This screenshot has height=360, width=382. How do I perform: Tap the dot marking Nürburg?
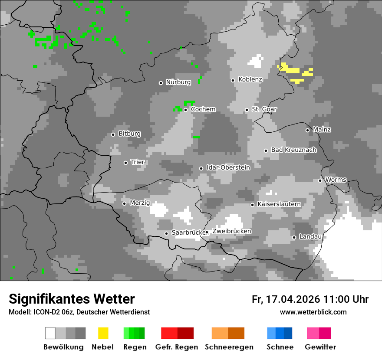(161, 83)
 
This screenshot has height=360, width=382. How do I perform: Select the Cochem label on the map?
(203, 109)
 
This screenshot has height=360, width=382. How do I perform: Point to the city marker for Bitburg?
(113, 134)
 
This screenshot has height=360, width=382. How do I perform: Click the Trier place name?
(138, 162)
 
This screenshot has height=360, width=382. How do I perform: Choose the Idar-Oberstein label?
(228, 168)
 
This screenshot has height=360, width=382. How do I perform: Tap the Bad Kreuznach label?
(293, 150)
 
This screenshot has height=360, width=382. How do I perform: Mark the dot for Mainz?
(307, 130)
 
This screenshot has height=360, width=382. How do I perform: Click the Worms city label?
(336, 180)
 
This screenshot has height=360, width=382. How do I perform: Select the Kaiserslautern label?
(279, 204)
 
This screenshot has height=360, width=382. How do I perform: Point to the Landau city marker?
(294, 237)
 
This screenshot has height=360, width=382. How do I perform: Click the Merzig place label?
(139, 203)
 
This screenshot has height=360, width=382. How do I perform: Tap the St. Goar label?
(264, 109)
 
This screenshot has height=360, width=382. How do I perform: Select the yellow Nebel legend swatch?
(103, 333)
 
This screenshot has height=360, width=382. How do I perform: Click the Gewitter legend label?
(320, 347)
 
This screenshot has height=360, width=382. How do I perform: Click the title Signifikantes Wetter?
(72, 299)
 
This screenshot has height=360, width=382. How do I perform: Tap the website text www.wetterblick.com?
(313, 312)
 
